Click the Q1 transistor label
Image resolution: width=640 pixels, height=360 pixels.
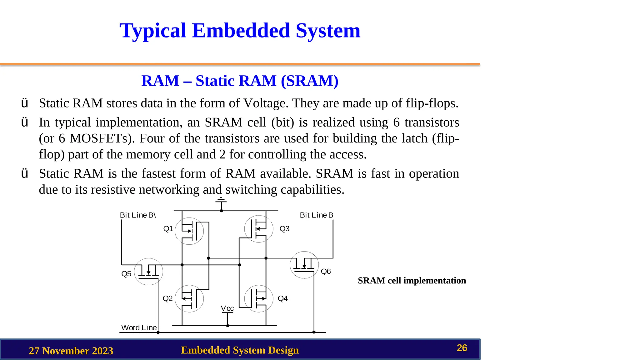(x=168, y=229)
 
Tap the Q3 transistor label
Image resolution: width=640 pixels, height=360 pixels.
(x=284, y=229)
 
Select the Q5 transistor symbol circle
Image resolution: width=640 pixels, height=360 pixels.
(x=148, y=272)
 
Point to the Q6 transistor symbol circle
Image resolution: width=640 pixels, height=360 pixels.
(x=304, y=265)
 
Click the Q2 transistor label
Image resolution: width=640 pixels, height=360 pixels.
(x=167, y=298)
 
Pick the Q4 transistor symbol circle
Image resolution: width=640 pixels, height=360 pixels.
(x=258, y=298)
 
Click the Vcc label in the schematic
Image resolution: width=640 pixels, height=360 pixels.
(x=227, y=308)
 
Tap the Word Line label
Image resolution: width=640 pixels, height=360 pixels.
(x=139, y=327)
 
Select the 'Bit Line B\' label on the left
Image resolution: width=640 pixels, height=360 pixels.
(x=138, y=215)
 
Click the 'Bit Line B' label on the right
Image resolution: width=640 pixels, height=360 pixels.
(x=317, y=215)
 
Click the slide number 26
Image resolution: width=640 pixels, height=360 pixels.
(x=462, y=348)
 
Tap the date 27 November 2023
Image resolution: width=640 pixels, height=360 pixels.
(x=71, y=351)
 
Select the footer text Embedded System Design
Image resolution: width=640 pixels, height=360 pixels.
(x=240, y=350)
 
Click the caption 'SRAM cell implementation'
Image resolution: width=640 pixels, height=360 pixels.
(x=412, y=280)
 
